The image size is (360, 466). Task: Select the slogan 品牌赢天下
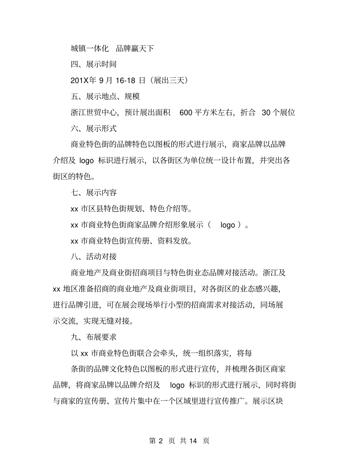pos(135,48)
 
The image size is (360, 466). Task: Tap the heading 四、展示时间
pos(94,64)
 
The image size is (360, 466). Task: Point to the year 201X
pos(79,80)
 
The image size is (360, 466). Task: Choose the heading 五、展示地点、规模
pos(105,97)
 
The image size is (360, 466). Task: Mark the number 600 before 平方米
pos(186,113)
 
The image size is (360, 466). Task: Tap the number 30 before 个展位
pos(266,113)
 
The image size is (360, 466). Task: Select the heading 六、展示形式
pos(94,129)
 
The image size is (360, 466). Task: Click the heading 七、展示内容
pos(94,192)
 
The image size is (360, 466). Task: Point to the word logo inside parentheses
pos(228,225)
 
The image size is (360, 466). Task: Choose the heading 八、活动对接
pos(94,256)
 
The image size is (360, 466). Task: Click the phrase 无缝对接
pos(113,321)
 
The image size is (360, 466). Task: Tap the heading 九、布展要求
pos(94,337)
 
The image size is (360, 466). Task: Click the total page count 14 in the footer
pos(193,441)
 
